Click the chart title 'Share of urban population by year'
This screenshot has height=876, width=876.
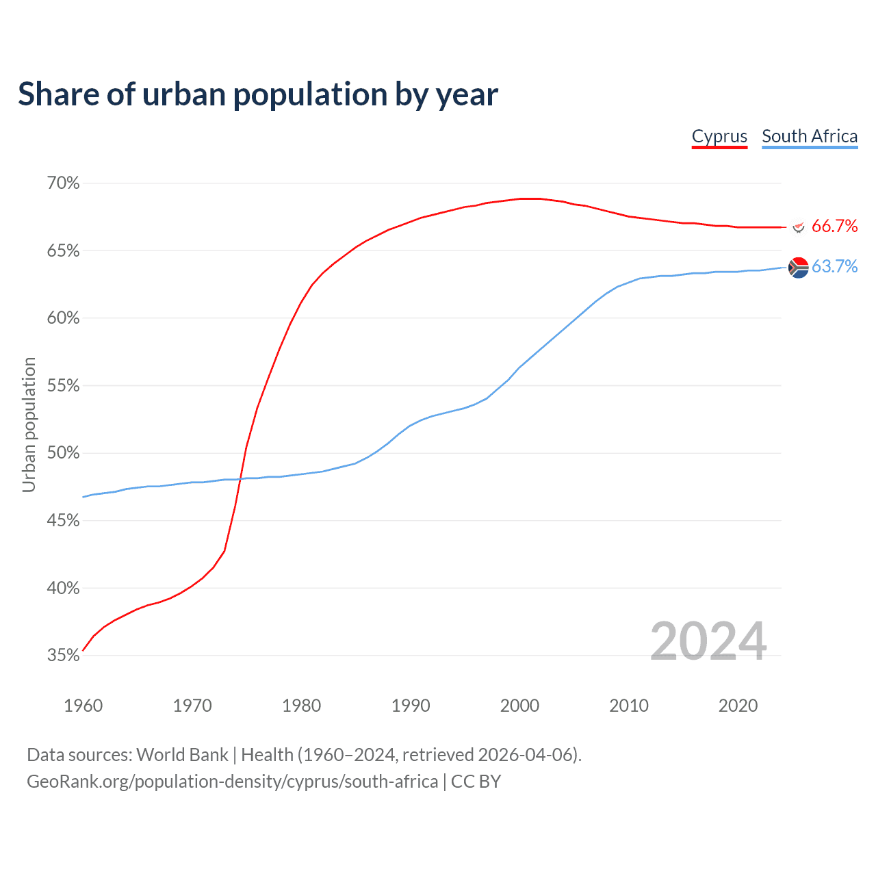258,94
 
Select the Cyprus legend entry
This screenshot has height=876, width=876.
719,136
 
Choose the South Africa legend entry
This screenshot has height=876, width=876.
810,136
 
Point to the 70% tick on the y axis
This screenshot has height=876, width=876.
64,183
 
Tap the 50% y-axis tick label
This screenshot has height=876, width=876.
64,453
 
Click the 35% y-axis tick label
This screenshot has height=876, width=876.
64,656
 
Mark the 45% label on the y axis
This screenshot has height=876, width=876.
64,521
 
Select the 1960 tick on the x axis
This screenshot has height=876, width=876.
83,706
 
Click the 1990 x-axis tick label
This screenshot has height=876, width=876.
411,706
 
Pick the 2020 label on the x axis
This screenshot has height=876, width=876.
738,706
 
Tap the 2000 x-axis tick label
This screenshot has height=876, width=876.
519,706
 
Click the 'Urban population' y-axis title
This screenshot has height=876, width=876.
29,424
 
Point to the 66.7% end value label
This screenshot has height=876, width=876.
834,227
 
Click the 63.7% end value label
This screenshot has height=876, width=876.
834,267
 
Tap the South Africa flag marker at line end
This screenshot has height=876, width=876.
798,268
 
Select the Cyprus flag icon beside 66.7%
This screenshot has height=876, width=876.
798,226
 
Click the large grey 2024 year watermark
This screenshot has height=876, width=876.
708,641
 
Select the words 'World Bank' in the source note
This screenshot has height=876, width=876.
182,755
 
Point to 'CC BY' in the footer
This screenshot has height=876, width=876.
476,782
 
